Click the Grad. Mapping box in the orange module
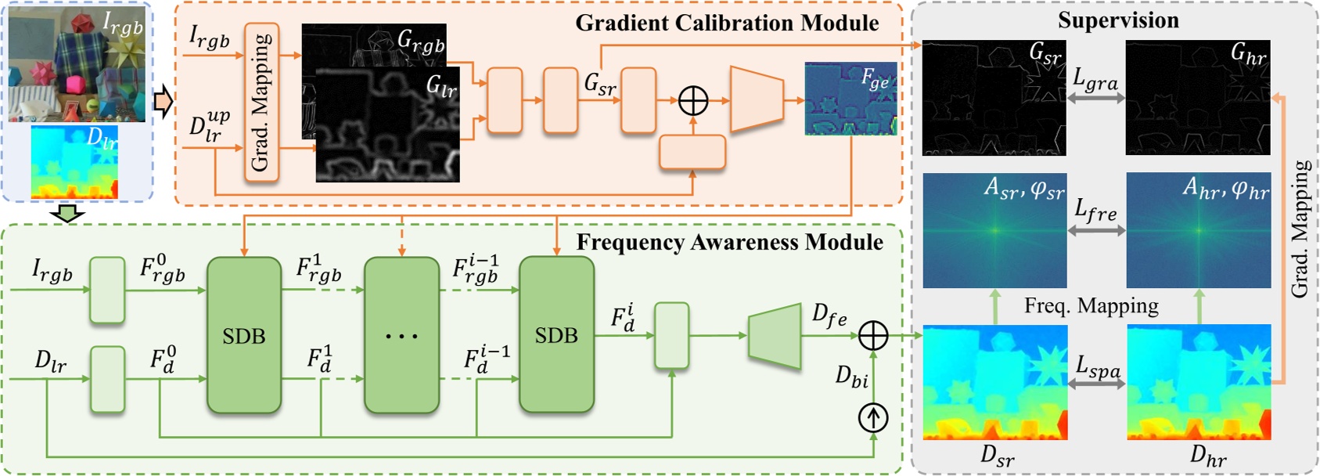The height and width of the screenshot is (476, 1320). tap(261, 103)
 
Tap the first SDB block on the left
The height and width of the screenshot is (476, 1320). tap(243, 335)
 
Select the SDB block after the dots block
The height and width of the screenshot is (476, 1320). tap(556, 335)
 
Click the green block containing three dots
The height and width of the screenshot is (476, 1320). tap(401, 335)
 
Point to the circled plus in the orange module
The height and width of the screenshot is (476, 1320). tap(692, 100)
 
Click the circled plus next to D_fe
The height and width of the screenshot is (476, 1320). tap(873, 335)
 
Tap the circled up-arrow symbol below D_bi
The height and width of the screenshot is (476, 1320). tap(873, 417)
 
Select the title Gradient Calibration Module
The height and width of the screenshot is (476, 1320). tap(727, 23)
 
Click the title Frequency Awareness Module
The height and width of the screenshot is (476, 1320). tap(729, 242)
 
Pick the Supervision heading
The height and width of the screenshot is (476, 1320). tap(1118, 20)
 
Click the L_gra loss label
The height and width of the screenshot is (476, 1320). tap(1095, 79)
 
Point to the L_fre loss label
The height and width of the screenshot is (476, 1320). tap(1095, 211)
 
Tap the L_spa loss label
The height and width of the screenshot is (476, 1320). tap(1097, 366)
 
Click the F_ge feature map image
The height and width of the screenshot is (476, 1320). tap(851, 99)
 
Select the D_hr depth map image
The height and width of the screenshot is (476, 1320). tap(1198, 382)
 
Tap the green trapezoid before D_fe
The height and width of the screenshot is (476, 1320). tap(775, 337)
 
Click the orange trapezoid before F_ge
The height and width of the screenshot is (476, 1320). tap(756, 99)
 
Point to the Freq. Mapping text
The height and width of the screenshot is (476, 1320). tap(1091, 305)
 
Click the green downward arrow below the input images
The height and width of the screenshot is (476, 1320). tap(67, 213)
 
